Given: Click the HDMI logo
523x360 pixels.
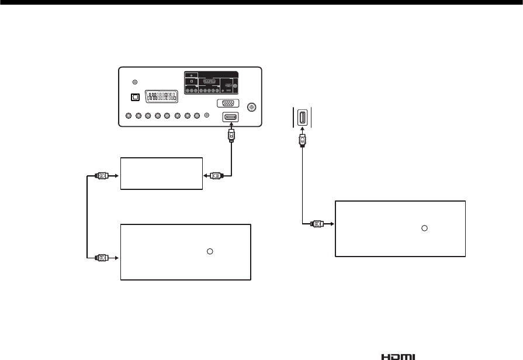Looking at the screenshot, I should click(399, 356).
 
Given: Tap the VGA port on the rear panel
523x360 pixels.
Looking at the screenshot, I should click(227, 104).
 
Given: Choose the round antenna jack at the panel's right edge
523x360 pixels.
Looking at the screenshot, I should click(252, 108).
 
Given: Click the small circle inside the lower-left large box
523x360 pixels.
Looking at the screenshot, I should click(209, 251).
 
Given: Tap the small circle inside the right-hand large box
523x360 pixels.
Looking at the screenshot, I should click(425, 227).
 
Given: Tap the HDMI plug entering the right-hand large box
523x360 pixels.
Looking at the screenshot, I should click(316, 223).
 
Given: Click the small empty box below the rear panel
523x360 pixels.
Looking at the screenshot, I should click(161, 173).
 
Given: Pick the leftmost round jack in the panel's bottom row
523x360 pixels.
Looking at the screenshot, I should click(127, 115).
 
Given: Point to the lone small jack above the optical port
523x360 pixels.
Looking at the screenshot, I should click(136, 83).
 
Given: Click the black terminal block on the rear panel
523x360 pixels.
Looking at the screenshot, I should click(212, 82).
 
